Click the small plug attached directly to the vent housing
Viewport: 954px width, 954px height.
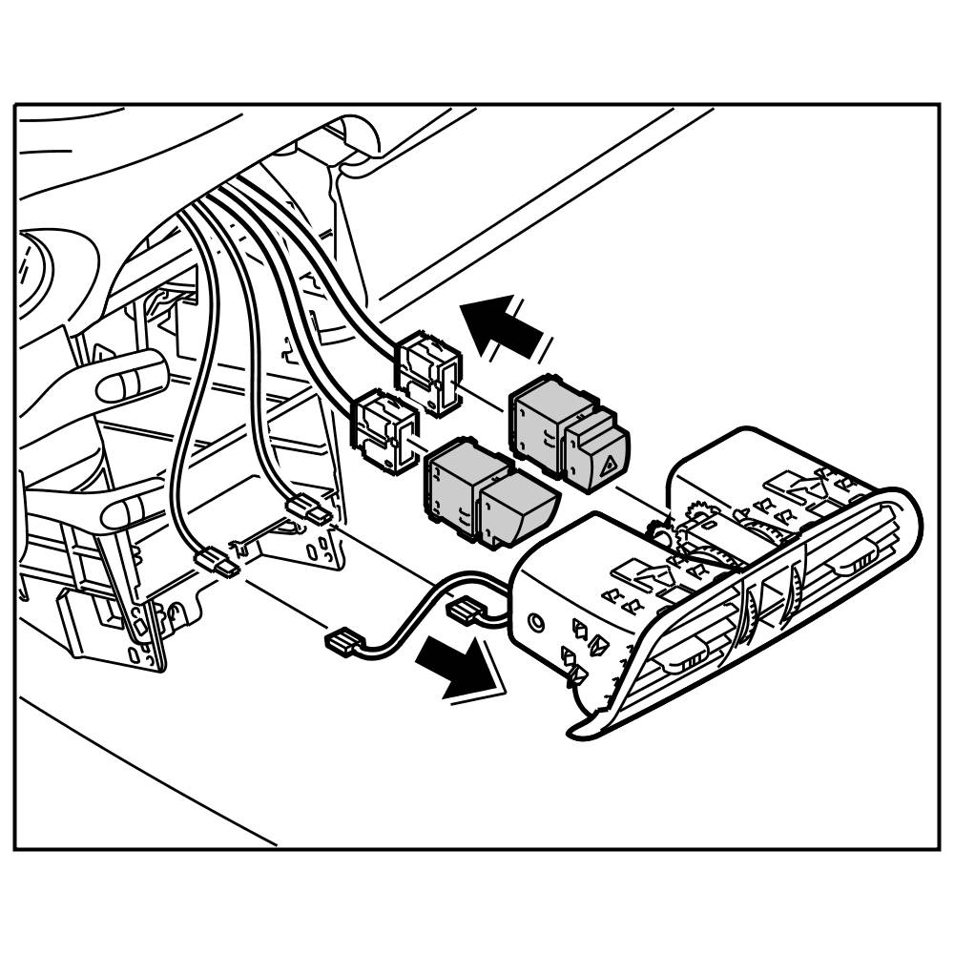tap(467, 610)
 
